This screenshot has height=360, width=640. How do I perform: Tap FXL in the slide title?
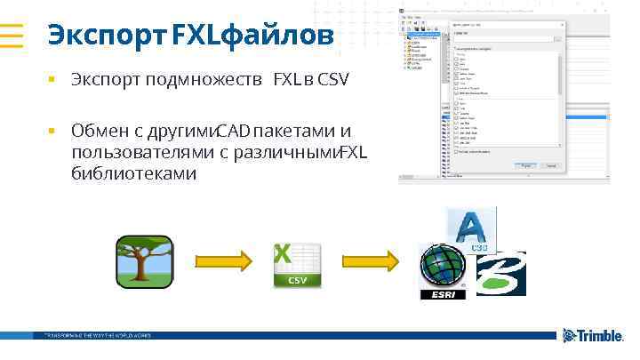point(202,36)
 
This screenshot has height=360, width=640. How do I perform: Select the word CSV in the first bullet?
point(332,81)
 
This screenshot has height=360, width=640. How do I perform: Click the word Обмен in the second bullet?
point(100,132)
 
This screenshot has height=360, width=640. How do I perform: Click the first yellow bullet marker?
point(52,81)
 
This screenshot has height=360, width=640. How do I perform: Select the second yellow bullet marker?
point(52,132)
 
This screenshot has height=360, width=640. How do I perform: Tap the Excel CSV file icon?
point(296,264)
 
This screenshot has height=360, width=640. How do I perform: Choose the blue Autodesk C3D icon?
point(471,231)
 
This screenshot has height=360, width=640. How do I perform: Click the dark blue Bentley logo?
point(500,273)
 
